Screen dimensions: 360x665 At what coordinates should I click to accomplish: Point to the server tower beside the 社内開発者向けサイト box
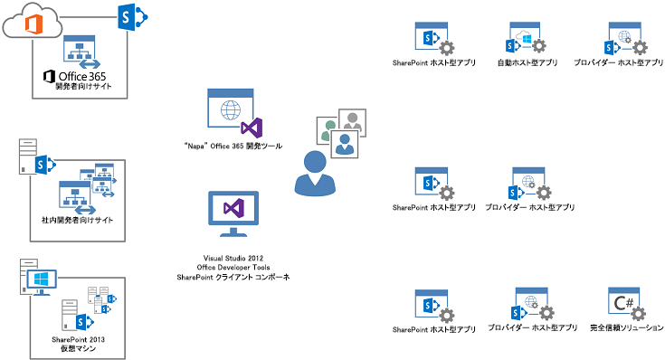pyautogui.click(x=26, y=157)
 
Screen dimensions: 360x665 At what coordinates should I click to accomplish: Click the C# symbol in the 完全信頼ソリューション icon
pyautogui.click(x=624, y=299)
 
